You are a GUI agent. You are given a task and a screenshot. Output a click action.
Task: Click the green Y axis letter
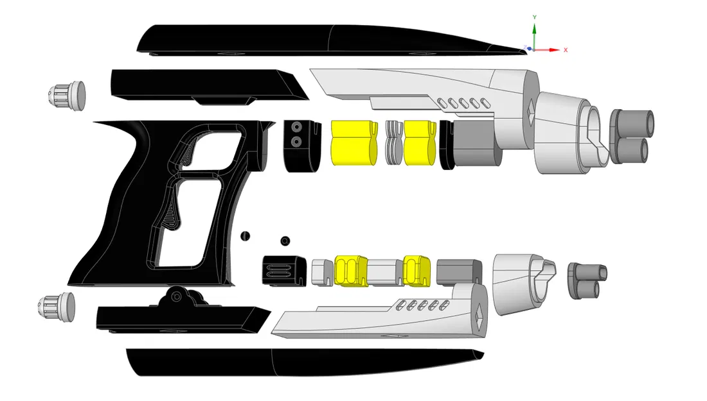pyautogui.click(x=535, y=17)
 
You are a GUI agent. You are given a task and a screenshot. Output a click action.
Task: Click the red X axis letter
pyautogui.click(x=566, y=49)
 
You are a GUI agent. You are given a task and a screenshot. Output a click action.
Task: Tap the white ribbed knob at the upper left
pyautogui.click(x=67, y=96)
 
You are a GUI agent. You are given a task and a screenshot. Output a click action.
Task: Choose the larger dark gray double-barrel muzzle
pyautogui.click(x=631, y=136)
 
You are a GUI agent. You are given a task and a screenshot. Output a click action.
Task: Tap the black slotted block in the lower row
pyautogui.click(x=283, y=271)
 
